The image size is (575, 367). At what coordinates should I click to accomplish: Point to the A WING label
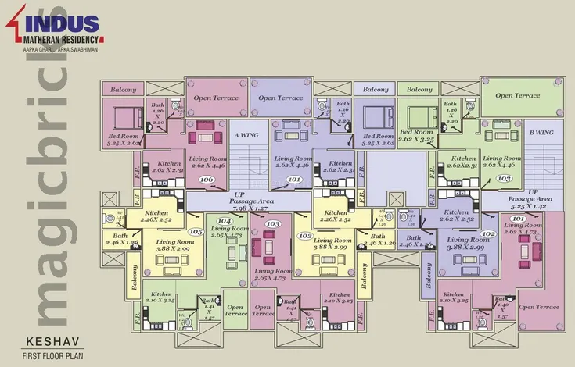pyautogui.click(x=246, y=134)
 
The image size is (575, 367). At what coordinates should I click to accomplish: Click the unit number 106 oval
pyautogui.click(x=207, y=180)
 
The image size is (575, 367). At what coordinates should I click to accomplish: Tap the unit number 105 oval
pyautogui.click(x=196, y=231)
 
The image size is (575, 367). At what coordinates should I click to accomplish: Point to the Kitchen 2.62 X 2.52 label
pyautogui.click(x=460, y=216)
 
